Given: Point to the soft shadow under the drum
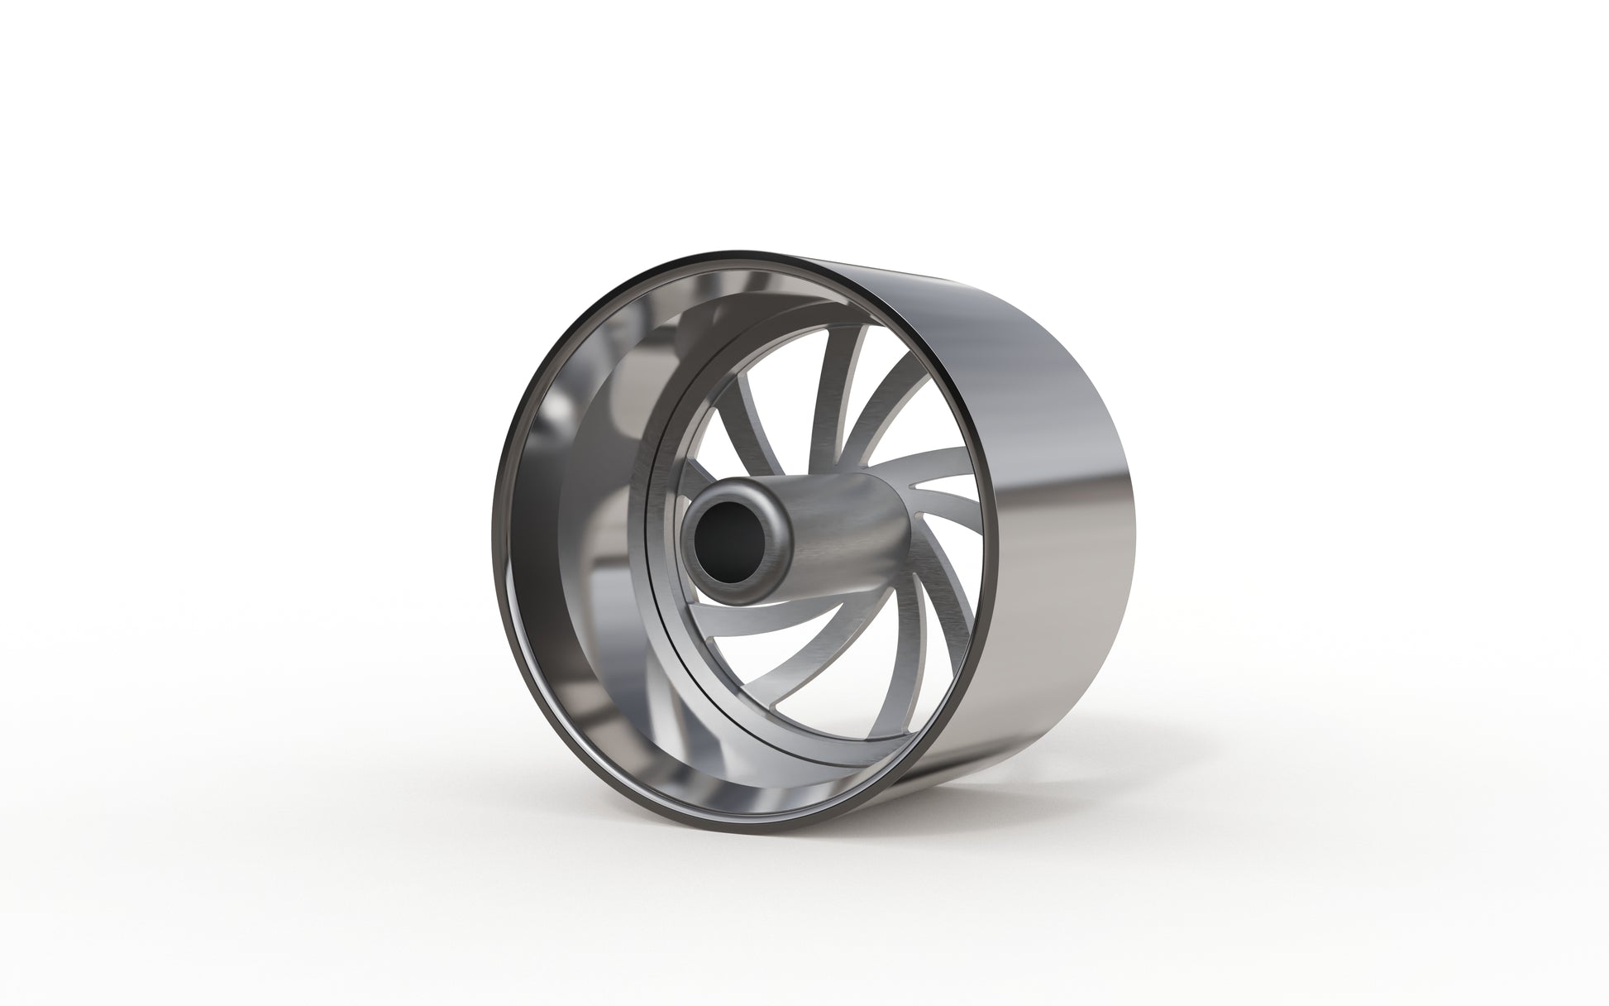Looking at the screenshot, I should (827, 836).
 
